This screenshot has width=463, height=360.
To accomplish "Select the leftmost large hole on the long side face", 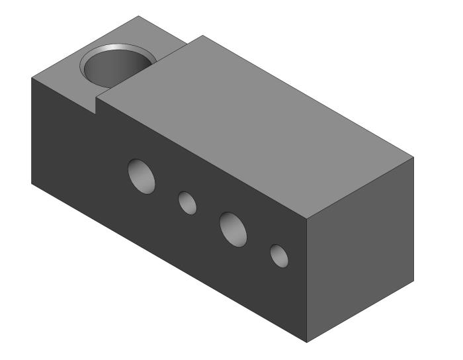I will click(x=142, y=175).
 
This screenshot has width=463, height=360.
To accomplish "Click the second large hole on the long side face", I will click(x=233, y=228).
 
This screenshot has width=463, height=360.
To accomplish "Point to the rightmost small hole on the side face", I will click(x=278, y=255).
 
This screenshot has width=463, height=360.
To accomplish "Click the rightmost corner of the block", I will click(x=415, y=159).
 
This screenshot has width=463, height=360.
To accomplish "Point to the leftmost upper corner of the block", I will click(x=32, y=77).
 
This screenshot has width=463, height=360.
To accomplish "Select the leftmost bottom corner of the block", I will click(x=32, y=183).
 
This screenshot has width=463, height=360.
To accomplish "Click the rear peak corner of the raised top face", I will click(x=202, y=36).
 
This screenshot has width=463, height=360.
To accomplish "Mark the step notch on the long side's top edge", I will click(x=97, y=105).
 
